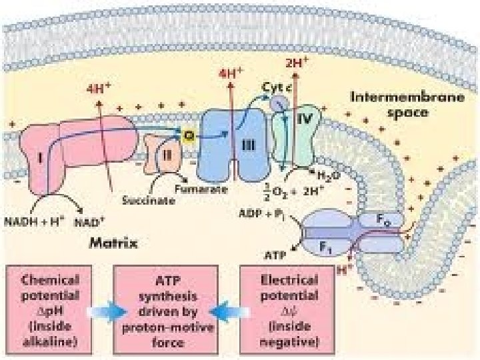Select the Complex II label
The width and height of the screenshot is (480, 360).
click(x=166, y=161)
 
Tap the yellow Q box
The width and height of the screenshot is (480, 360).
click(x=189, y=135)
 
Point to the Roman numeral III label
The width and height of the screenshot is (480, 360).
click(x=246, y=146)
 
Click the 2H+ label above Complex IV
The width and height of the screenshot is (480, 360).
click(x=296, y=64)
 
